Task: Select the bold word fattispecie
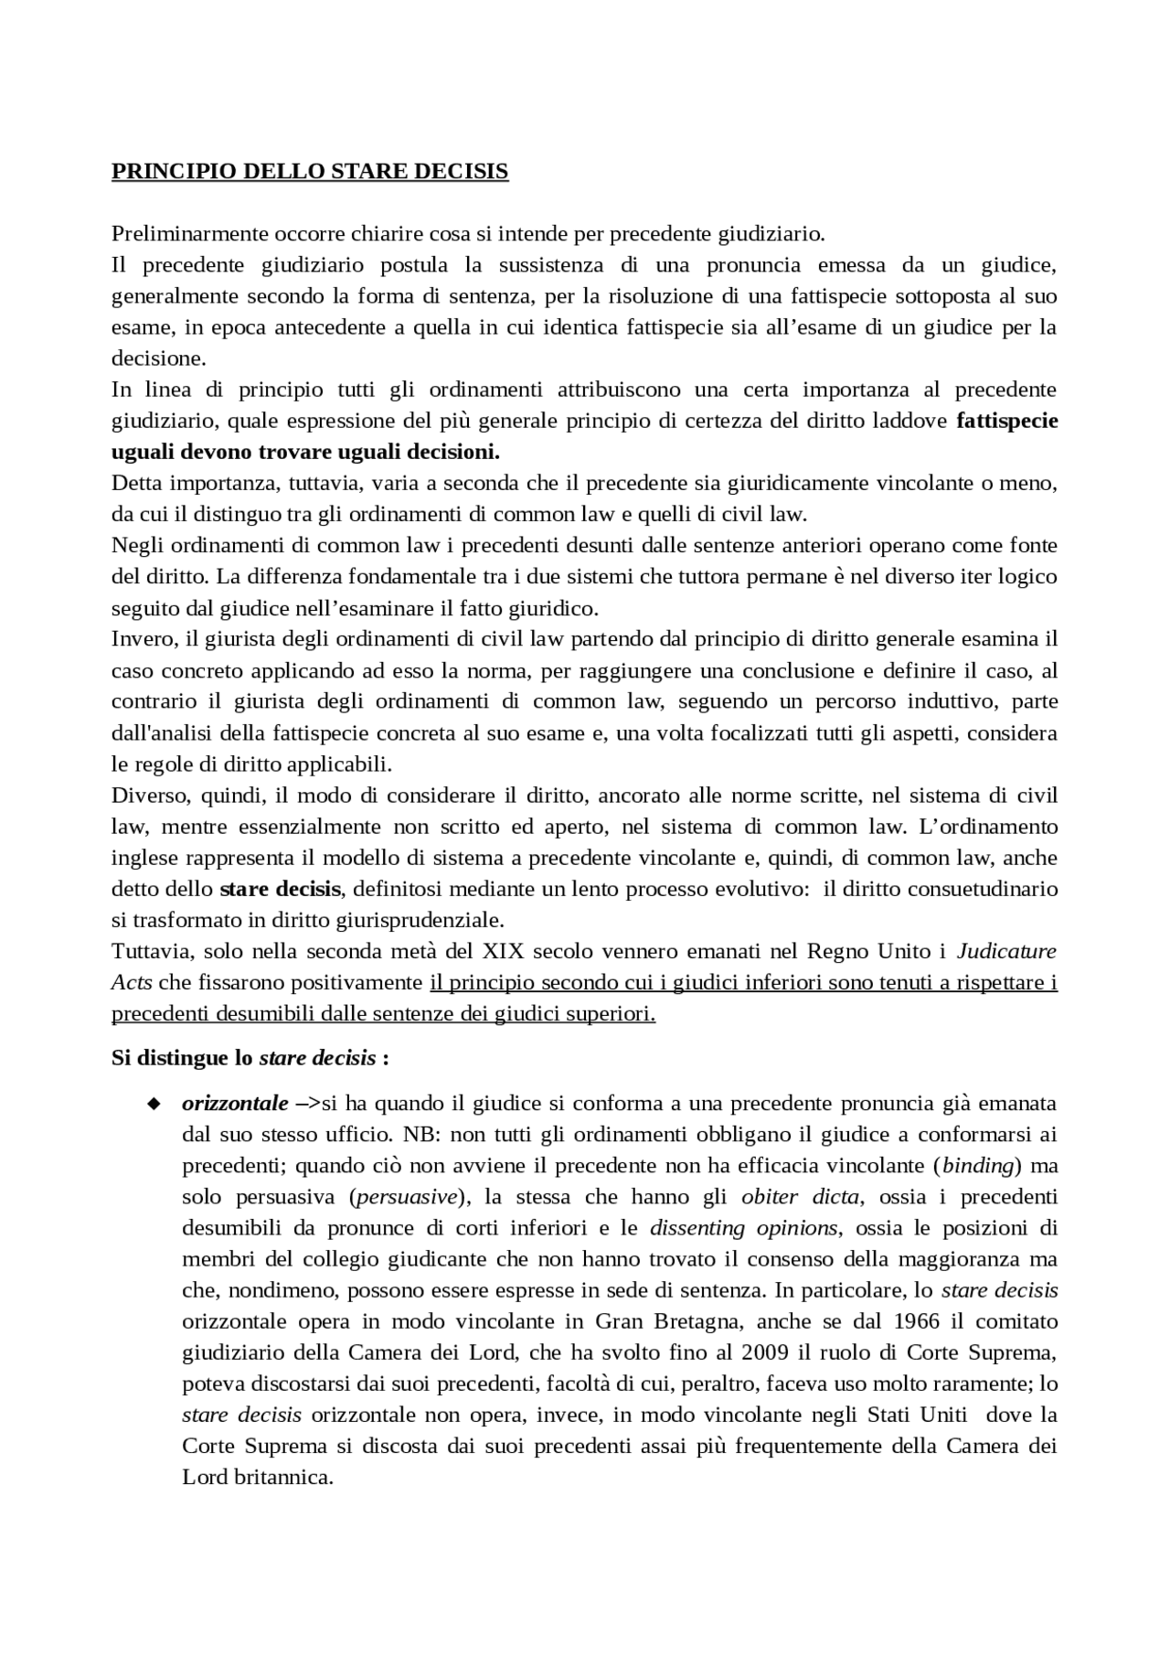point(1006,421)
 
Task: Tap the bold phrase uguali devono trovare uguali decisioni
point(306,452)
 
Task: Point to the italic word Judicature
point(1006,951)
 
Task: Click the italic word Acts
point(132,982)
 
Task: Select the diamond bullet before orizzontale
point(153,1104)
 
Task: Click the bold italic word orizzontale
point(235,1104)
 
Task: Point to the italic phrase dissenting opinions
point(743,1228)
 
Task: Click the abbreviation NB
point(414,1135)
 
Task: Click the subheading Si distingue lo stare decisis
point(250,1058)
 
